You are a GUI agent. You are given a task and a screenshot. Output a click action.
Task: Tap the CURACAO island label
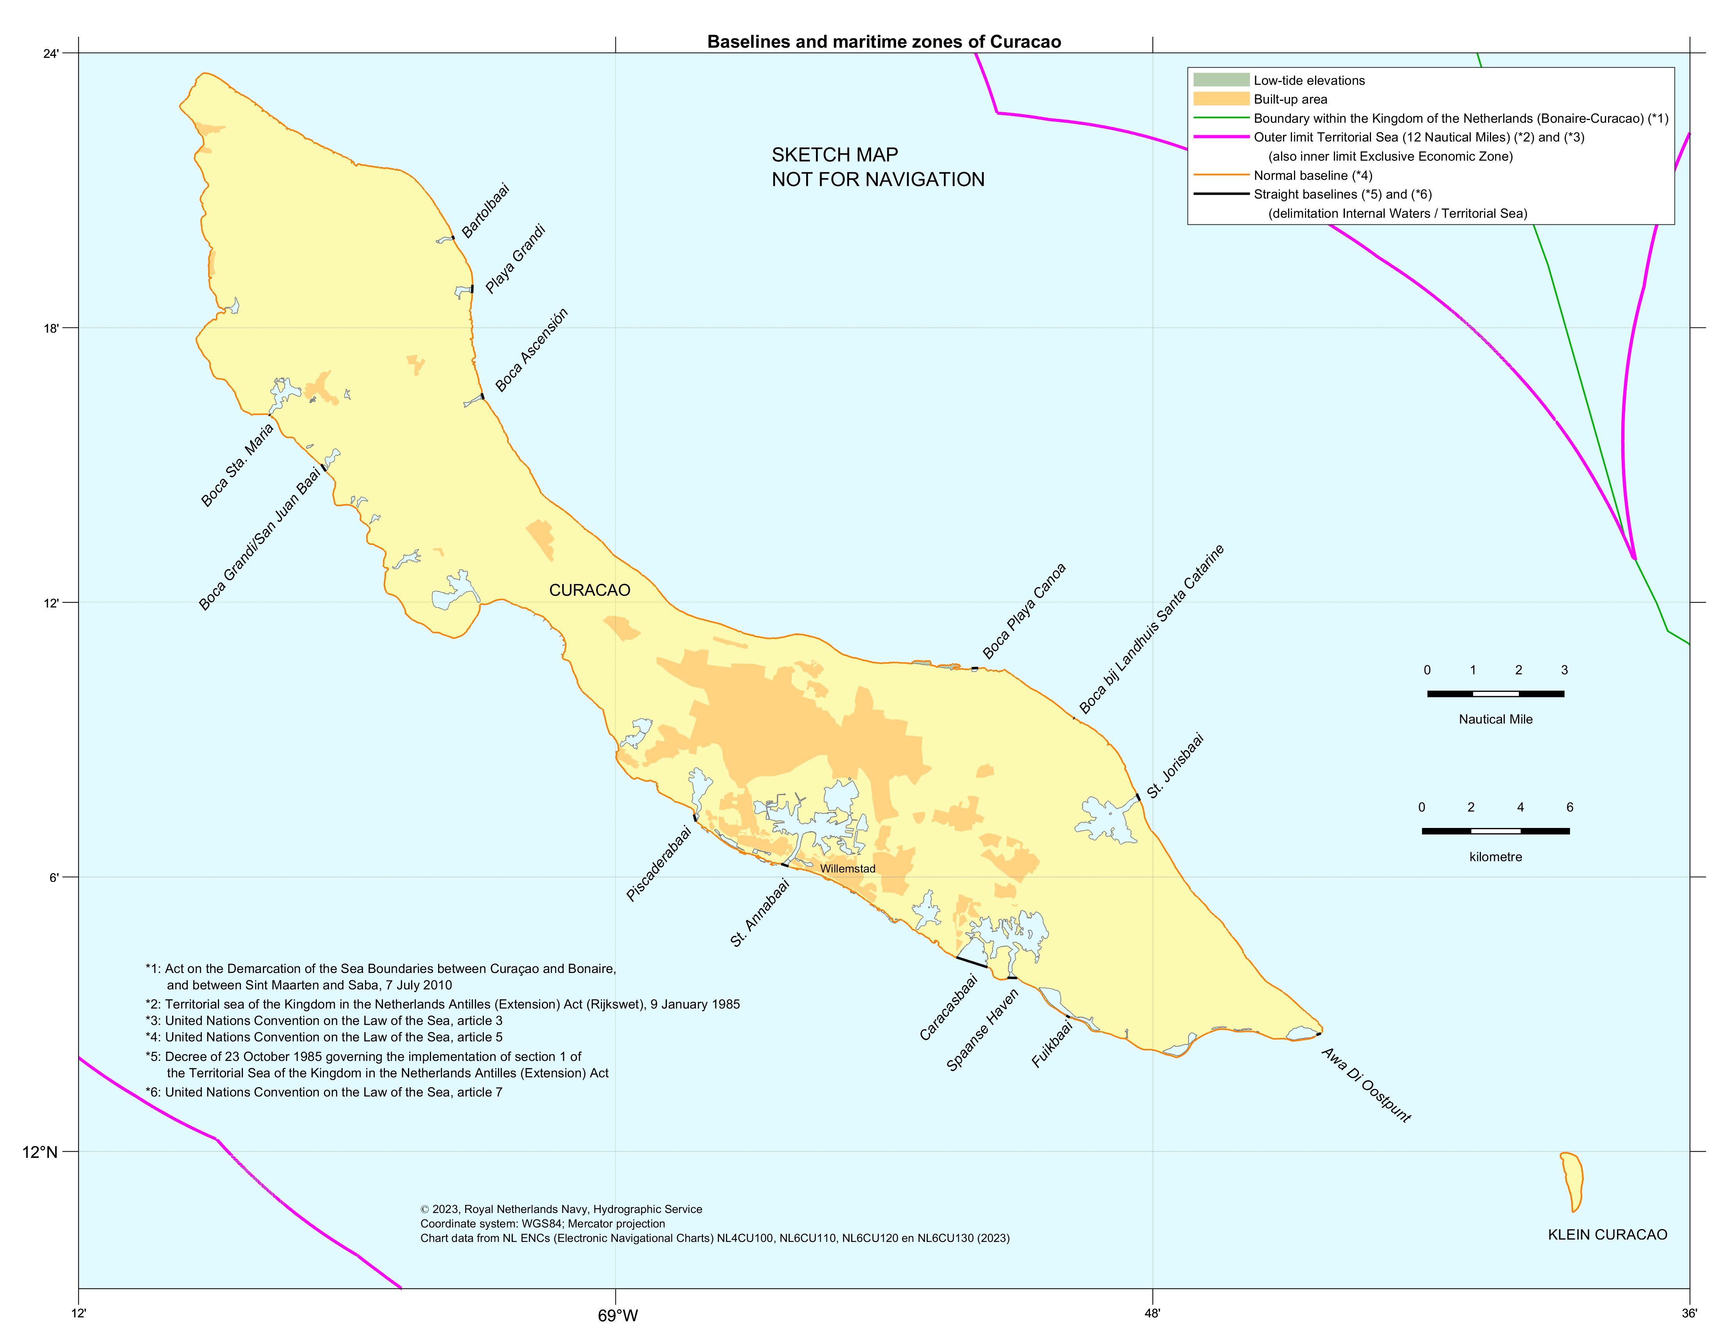pyautogui.click(x=589, y=591)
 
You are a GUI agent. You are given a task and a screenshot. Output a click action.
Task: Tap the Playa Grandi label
pyautogui.click(x=515, y=259)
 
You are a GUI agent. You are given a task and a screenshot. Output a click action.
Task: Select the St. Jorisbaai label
pyautogui.click(x=1175, y=765)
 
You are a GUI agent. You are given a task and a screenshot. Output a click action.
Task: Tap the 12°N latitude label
pyautogui.click(x=40, y=1152)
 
